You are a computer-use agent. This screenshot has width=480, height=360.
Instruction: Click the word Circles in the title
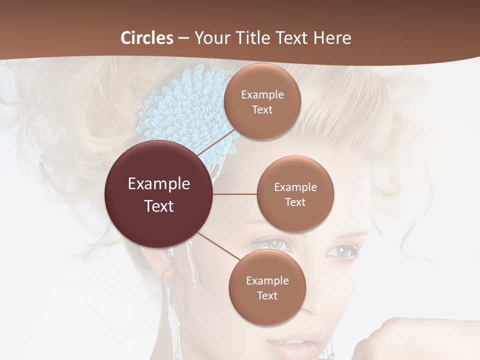(x=147, y=38)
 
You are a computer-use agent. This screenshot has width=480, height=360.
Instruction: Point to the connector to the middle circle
(x=234, y=194)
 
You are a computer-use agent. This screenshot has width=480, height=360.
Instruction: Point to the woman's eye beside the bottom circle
(x=273, y=244)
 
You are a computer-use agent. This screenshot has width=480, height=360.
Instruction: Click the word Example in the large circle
(x=158, y=184)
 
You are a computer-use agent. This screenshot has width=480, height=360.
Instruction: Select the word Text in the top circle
(x=262, y=109)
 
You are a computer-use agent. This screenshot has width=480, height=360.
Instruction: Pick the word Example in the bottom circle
(x=267, y=280)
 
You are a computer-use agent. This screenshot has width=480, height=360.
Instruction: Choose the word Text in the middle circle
(x=295, y=202)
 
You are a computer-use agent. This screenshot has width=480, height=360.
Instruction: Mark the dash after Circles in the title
(x=183, y=38)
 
